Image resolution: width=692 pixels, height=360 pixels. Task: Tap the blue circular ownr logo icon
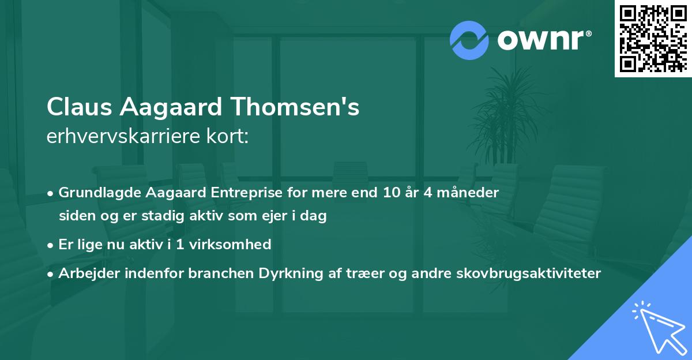pyautogui.click(x=469, y=40)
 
